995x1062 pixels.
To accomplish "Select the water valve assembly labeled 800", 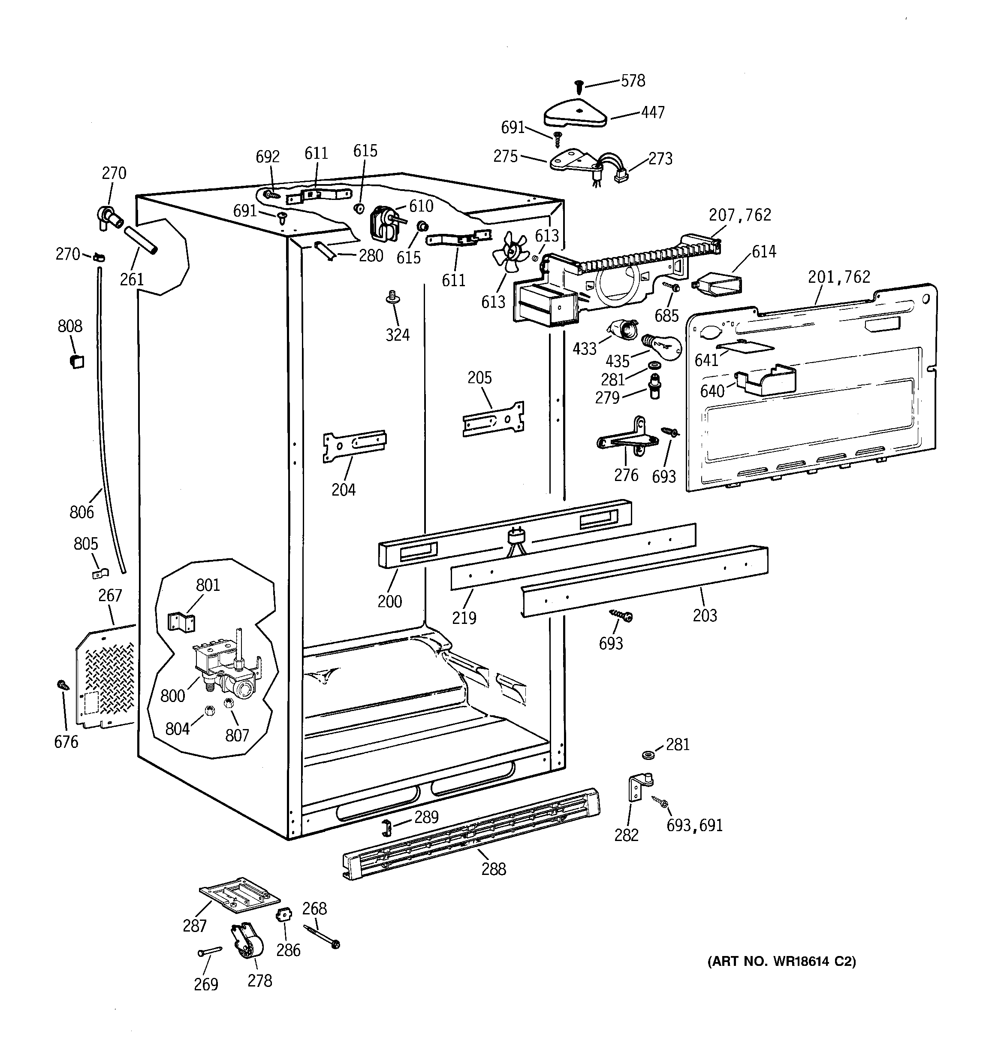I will [x=227, y=668].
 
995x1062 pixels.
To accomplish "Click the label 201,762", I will [x=838, y=277].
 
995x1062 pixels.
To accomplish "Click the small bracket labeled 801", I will [x=181, y=622].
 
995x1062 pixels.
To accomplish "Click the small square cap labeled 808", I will [x=77, y=362].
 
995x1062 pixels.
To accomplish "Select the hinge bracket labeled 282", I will [x=639, y=788].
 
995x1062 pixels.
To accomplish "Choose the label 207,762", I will [x=740, y=215].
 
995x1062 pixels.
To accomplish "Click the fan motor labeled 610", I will [x=383, y=222].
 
